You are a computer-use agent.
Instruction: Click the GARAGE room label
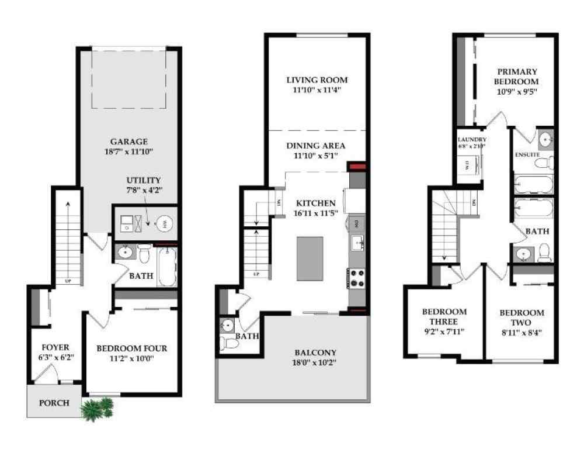coord(129,141)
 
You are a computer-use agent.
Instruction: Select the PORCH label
coord(54,403)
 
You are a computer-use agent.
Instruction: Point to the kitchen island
coord(311,258)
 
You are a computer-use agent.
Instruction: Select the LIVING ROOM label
coord(317,80)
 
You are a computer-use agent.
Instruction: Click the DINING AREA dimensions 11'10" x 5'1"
coord(317,156)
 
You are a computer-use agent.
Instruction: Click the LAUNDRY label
coord(471,140)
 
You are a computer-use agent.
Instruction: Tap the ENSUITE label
coord(527,155)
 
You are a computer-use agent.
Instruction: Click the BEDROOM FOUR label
coord(131,348)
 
